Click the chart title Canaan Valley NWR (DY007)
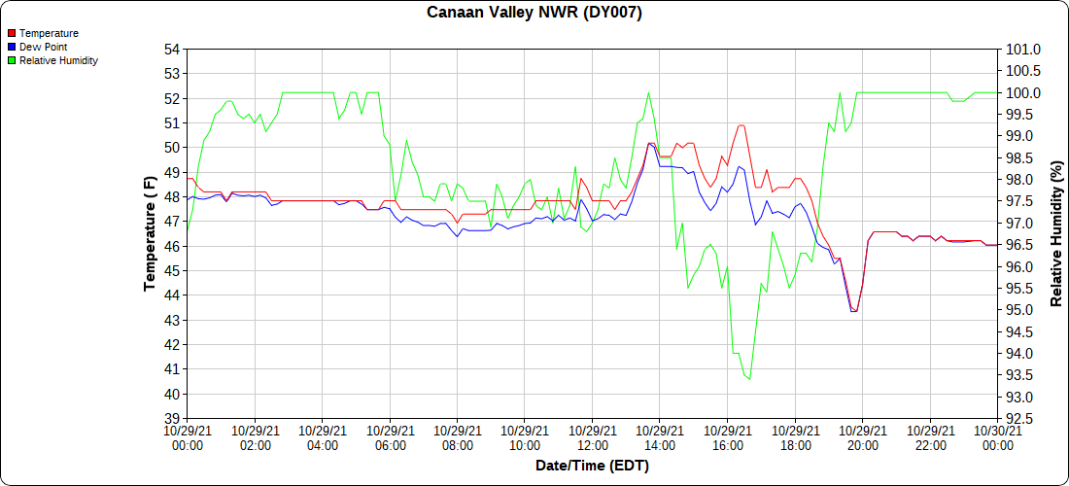click(534, 13)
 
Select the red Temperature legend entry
click(48, 33)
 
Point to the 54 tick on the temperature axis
click(172, 50)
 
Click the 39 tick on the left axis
click(172, 419)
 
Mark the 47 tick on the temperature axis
click(172, 222)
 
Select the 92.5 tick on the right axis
click(1021, 419)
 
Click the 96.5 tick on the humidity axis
click(1021, 245)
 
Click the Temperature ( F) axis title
click(150, 234)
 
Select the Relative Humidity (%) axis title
click(1057, 234)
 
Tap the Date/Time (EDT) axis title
click(592, 466)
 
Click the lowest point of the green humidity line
click(749, 379)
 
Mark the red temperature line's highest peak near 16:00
click(741, 125)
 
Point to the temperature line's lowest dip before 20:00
click(854, 311)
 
